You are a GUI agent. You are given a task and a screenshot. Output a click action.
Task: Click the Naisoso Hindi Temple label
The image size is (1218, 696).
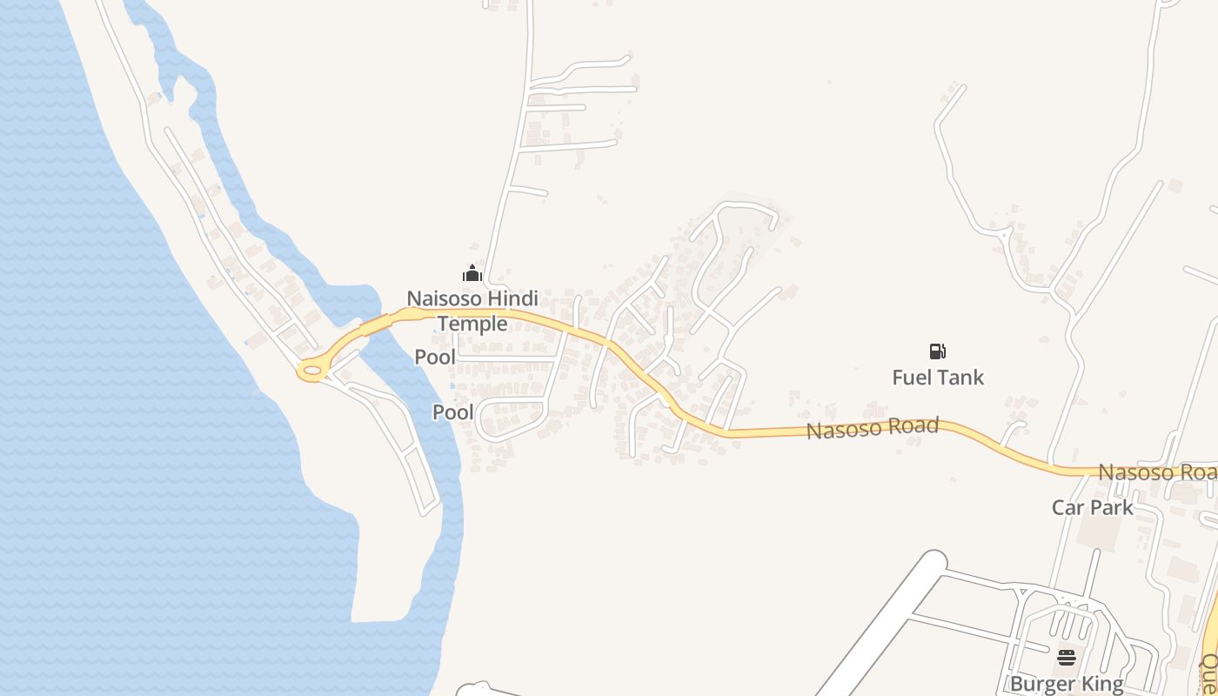point(472,311)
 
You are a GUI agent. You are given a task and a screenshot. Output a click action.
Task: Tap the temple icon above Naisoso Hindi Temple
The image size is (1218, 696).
point(472,273)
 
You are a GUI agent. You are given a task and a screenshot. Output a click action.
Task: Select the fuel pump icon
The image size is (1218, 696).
point(938,351)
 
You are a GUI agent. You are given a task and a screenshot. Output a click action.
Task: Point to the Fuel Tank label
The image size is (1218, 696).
point(938,378)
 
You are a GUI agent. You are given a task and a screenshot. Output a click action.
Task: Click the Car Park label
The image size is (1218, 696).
point(1093,507)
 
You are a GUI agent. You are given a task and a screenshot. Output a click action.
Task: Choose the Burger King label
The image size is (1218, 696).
point(1067,684)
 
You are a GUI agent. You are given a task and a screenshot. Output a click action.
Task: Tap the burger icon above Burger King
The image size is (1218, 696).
point(1067,658)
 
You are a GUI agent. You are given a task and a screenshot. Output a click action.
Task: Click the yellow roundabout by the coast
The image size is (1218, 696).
point(310,371)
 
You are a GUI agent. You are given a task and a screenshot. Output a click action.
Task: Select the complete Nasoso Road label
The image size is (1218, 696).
point(873,428)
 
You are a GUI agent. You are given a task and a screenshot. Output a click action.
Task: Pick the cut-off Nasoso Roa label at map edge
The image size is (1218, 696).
point(1157,472)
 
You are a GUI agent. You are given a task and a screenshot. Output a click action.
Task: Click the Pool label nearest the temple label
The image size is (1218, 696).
point(435,358)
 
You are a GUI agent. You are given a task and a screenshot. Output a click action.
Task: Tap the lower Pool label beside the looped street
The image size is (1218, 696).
point(453,412)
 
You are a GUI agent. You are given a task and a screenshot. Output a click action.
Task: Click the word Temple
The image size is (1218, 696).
point(472,325)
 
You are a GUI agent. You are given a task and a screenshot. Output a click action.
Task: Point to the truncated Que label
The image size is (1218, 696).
point(1209,670)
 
